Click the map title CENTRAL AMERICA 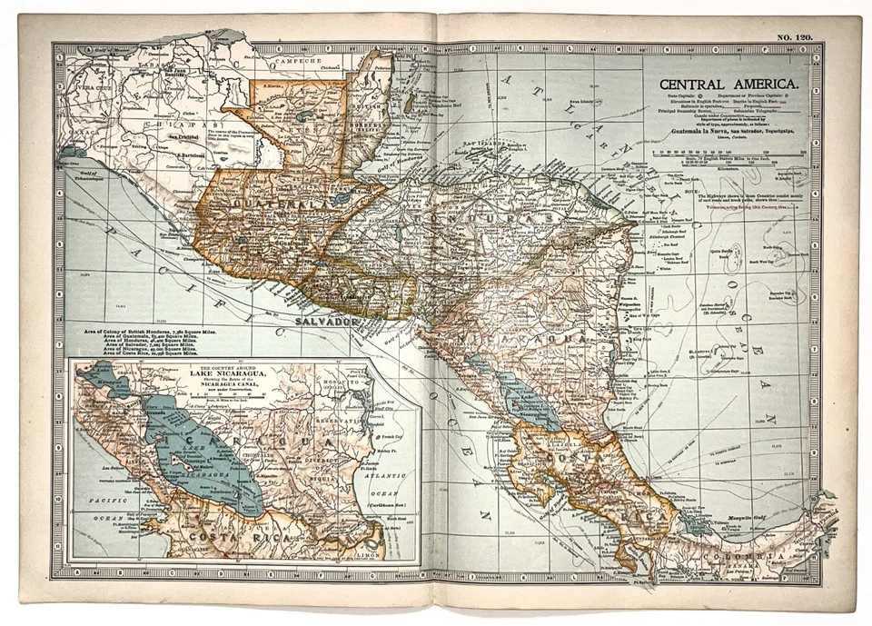[x=724, y=84]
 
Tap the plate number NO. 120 [x=794, y=36]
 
